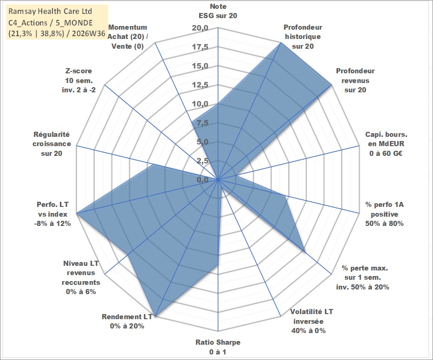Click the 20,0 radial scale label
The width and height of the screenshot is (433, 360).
[200, 28]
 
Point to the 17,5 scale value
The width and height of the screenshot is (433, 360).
[200, 47]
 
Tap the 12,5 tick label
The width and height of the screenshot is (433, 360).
[200, 85]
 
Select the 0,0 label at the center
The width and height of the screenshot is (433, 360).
[203, 180]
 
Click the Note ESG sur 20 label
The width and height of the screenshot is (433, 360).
[218, 11]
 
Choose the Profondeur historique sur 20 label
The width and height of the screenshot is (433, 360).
[303, 37]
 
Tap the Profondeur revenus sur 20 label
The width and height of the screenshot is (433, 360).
[355, 80]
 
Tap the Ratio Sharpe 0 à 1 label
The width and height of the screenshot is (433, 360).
[218, 347]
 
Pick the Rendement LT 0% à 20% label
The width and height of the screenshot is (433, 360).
[127, 321]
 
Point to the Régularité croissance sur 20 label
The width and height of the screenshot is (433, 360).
[52, 144]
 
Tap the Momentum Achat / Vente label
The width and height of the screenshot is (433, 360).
[128, 37]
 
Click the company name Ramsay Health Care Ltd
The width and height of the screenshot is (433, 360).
[50, 11]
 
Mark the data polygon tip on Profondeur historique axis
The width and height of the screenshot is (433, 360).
[281, 43]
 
